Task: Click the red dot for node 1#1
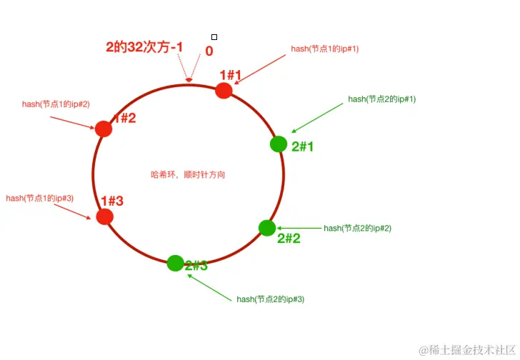(x=224, y=90)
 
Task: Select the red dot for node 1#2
(x=104, y=129)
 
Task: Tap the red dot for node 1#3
(x=104, y=216)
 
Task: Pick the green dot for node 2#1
(x=279, y=144)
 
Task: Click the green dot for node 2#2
(x=267, y=228)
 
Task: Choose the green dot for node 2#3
(x=175, y=263)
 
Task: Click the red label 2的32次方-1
(x=145, y=47)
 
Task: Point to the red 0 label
(x=209, y=51)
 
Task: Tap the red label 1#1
(x=231, y=75)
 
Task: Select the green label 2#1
(x=303, y=146)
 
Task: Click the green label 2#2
(x=289, y=239)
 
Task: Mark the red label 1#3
(x=112, y=201)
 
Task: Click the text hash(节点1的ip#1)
(x=324, y=49)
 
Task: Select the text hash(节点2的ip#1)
(x=381, y=99)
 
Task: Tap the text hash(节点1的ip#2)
(x=56, y=104)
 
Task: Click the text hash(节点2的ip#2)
(x=357, y=229)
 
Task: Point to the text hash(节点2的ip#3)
(x=271, y=299)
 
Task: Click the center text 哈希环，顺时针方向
(x=189, y=174)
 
